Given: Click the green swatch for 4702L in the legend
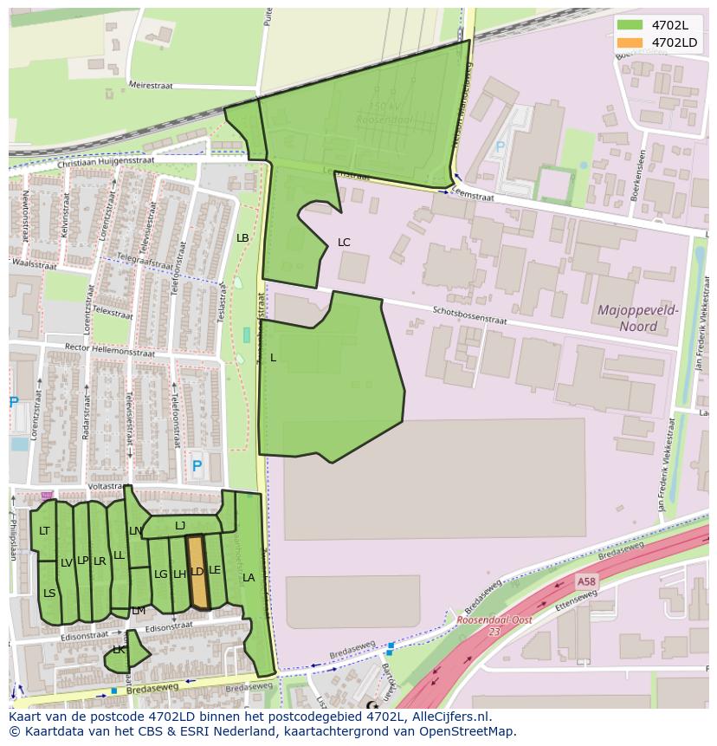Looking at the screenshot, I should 630,25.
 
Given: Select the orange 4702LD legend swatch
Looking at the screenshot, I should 630,42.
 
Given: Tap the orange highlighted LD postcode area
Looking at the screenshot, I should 197,572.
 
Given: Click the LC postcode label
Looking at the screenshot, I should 344,243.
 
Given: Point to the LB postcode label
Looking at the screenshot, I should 242,238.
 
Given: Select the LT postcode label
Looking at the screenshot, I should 44,531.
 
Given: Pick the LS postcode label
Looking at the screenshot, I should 49,594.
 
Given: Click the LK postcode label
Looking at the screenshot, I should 119,650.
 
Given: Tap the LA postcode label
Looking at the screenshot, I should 249,578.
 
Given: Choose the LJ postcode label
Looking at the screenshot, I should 180,526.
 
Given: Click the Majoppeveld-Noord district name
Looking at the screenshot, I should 638,318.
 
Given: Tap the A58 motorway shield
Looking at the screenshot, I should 587,581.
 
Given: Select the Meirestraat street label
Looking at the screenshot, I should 151,86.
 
